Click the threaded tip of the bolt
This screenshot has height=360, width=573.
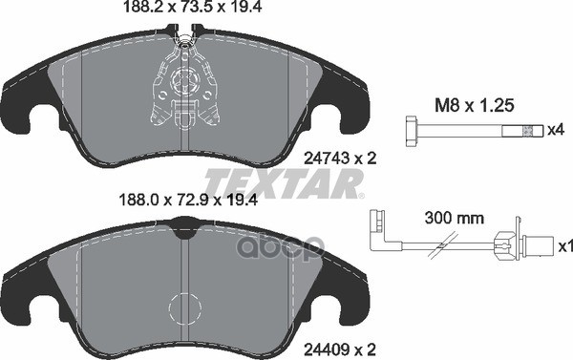527,131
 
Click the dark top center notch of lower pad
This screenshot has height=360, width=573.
183,228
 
